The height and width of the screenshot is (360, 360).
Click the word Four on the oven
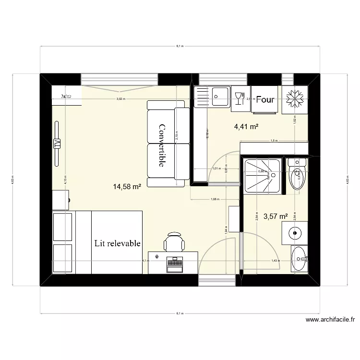click(x=265, y=99)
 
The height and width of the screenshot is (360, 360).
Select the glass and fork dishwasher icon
click(x=239, y=98)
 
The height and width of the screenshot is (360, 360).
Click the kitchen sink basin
click(x=220, y=96)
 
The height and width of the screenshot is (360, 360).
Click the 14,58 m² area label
click(x=127, y=186)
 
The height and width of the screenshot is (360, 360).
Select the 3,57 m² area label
click(x=275, y=216)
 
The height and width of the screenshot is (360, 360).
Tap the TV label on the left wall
click(x=57, y=143)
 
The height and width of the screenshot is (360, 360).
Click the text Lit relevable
click(x=118, y=243)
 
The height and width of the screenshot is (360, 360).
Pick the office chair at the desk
click(x=174, y=241)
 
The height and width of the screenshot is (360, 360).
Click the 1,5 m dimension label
click(x=274, y=141)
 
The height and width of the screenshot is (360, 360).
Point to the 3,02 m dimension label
click(x=120, y=99)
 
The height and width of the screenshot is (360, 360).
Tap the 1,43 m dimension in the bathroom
click(x=275, y=261)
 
